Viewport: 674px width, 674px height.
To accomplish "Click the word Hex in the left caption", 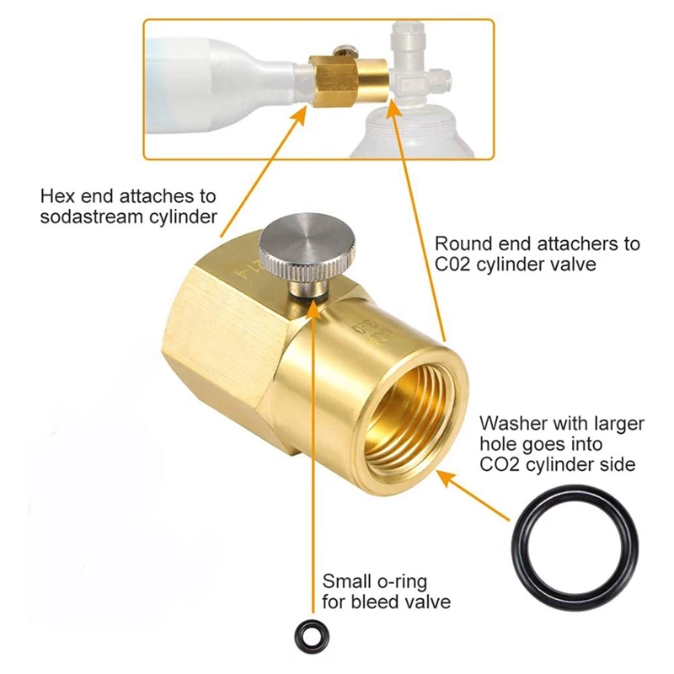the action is pyautogui.click(x=57, y=197).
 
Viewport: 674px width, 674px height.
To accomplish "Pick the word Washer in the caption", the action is pyautogui.click(x=510, y=423).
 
